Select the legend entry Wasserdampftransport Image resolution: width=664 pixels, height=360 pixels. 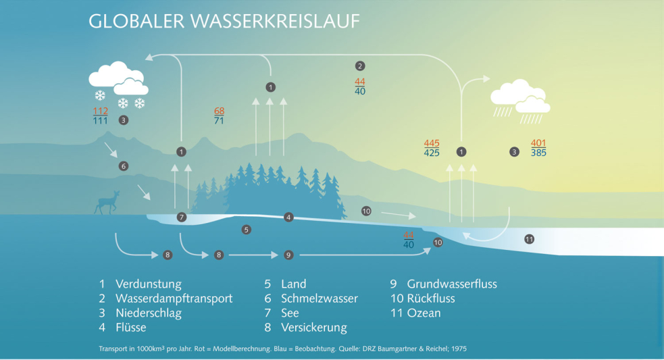pyautogui.click(x=174, y=299)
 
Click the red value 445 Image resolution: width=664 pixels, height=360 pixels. pyautogui.click(x=432, y=143)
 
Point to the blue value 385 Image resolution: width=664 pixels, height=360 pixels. pyautogui.click(x=538, y=153)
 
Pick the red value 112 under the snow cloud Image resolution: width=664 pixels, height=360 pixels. pyautogui.click(x=101, y=111)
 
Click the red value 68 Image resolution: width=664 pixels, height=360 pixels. pyautogui.click(x=220, y=111)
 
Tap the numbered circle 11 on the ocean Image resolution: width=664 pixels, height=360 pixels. pyautogui.click(x=530, y=239)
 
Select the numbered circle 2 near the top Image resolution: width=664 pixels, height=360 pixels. pyautogui.click(x=360, y=66)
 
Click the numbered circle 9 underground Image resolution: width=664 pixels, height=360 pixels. pyautogui.click(x=288, y=255)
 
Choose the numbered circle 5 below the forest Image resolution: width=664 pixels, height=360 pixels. pyautogui.click(x=247, y=230)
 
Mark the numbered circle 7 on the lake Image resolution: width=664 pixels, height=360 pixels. pyautogui.click(x=181, y=217)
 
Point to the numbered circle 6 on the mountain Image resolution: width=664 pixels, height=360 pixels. pyautogui.click(x=123, y=165)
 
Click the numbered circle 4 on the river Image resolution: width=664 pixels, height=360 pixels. pyautogui.click(x=288, y=217)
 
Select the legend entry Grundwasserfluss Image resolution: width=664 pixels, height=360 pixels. pyautogui.click(x=451, y=284)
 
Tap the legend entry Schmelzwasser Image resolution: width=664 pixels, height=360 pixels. pyautogui.click(x=320, y=299)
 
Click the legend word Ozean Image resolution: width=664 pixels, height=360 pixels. pyautogui.click(x=424, y=313)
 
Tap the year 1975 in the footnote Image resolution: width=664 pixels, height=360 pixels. pyautogui.click(x=457, y=349)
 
